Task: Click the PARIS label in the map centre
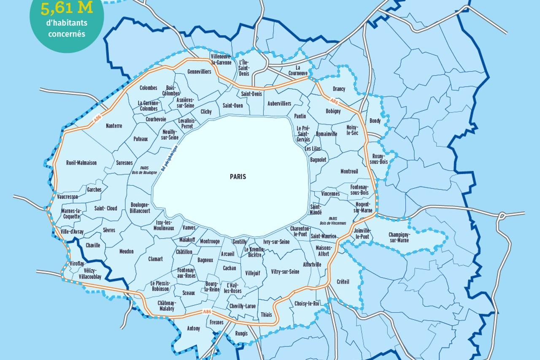[238, 177]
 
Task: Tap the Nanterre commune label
[114, 126]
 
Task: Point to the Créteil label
[343, 282]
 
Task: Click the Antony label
[193, 328]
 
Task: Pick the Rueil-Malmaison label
[81, 162]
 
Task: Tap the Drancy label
[339, 89]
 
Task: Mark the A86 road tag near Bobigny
[334, 101]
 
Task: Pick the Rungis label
[242, 333]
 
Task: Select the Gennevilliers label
[199, 72]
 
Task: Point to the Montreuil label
[349, 171]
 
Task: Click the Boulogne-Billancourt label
[140, 208]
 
